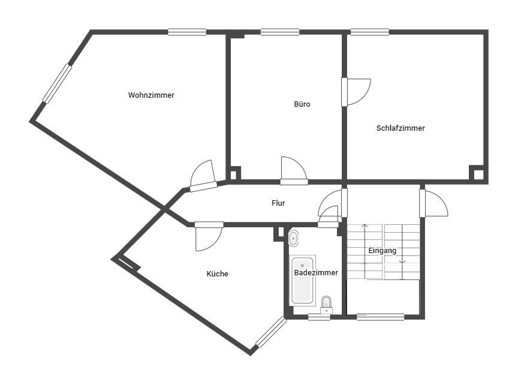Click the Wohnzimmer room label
(x=151, y=95)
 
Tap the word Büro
(x=302, y=104)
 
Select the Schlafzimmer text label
(x=400, y=128)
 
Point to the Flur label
(x=278, y=203)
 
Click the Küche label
(x=217, y=274)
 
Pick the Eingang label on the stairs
(x=383, y=251)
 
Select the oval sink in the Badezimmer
(x=293, y=238)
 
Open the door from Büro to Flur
(x=294, y=170)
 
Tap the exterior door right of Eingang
(x=433, y=203)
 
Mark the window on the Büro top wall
(x=279, y=32)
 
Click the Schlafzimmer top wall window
(x=369, y=32)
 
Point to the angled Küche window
(x=271, y=332)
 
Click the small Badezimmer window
(x=319, y=317)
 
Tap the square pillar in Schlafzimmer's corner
(x=478, y=174)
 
